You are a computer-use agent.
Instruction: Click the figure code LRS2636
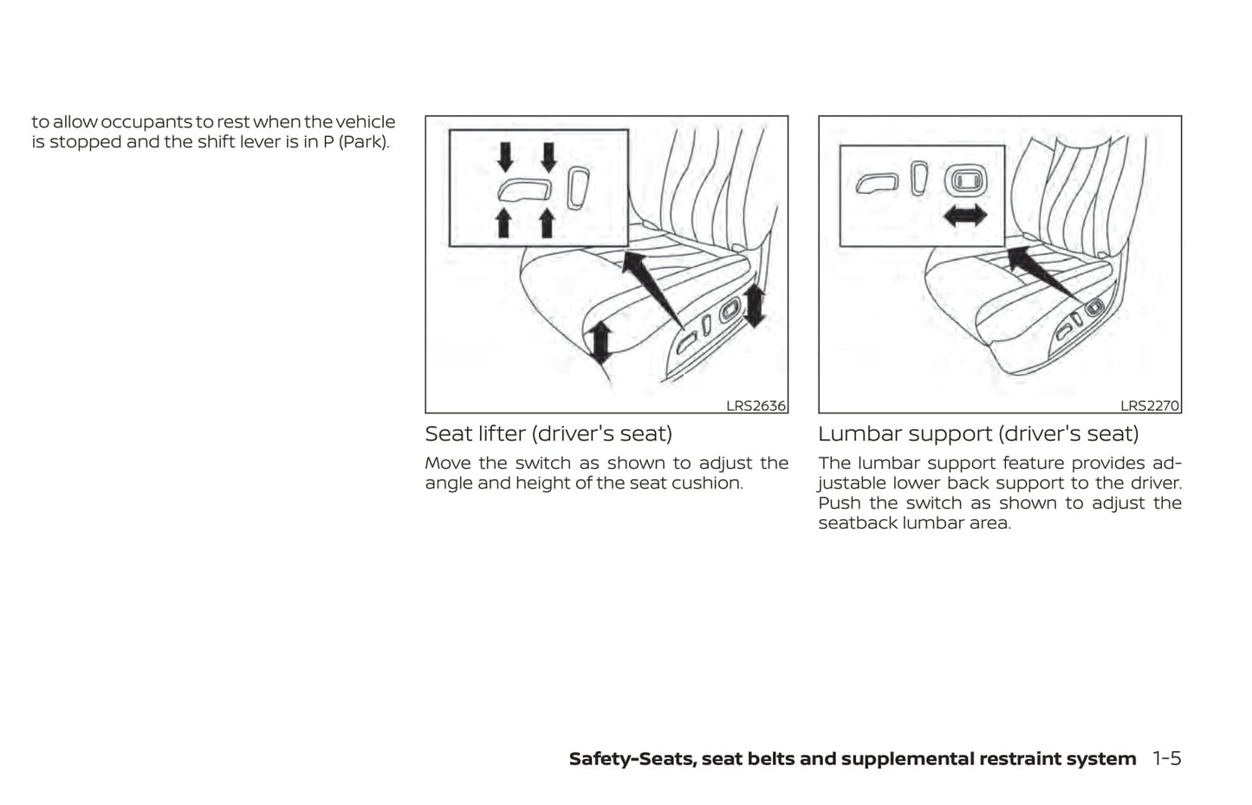(756, 406)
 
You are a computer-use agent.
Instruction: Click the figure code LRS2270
(1149, 406)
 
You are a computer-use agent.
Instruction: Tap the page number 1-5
(1166, 758)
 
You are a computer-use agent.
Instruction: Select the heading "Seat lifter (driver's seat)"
(548, 434)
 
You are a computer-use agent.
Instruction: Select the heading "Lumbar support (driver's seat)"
(978, 434)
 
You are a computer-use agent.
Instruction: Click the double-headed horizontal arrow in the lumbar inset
(965, 215)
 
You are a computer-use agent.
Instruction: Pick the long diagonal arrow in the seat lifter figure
(652, 289)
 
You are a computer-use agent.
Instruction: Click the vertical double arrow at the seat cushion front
(600, 342)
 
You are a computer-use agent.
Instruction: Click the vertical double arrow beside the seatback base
(755, 305)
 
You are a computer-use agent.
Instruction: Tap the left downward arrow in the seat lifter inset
(505, 158)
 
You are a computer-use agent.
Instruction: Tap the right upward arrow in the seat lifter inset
(548, 223)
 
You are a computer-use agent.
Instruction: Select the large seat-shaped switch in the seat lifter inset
(523, 190)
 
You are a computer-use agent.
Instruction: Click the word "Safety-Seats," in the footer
(632, 759)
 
